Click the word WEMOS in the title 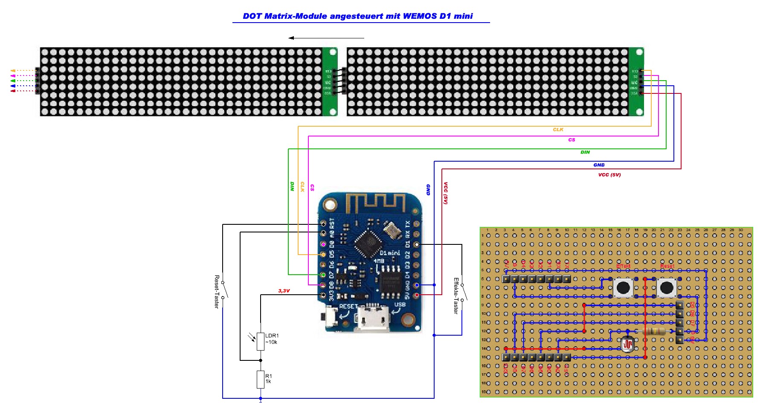[420, 16]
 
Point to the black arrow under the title [326, 38]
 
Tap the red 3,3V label [284, 291]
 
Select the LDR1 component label [272, 336]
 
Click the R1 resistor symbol [261, 379]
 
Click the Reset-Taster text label [217, 291]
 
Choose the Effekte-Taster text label [456, 296]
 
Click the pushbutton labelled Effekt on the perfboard [623, 288]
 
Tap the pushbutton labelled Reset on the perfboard [667, 288]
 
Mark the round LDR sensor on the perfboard [627, 344]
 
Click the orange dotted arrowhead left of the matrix [13, 70]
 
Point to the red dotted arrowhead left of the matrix [13, 91]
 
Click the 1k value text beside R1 [268, 381]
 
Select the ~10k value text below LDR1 [271, 342]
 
